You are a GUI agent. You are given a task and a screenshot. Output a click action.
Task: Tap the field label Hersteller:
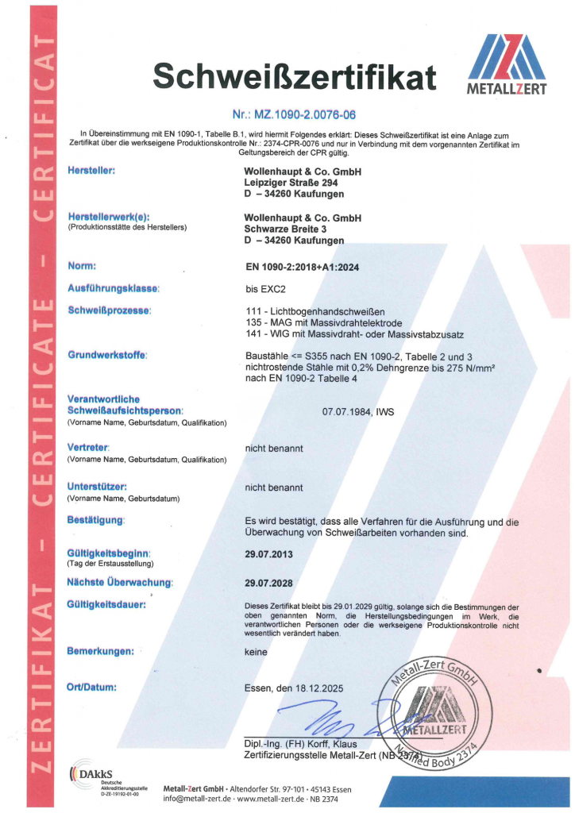coord(93,171)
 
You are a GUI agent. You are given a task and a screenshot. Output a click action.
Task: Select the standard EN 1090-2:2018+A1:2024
coord(303,268)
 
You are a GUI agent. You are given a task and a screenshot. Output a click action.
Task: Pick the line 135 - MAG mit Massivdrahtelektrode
coord(325,323)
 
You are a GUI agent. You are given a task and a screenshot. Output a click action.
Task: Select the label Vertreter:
coord(87,449)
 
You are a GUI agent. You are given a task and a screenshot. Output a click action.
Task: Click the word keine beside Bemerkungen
coord(257,653)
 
